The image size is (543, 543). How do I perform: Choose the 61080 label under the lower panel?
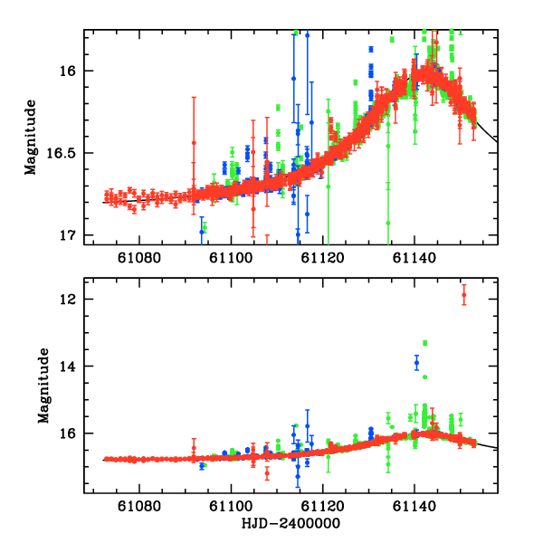(x=138, y=509)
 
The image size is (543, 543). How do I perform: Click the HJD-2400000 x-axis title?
(x=290, y=525)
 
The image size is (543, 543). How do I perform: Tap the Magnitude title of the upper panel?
(x=32, y=137)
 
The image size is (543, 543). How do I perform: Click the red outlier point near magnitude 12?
(x=464, y=295)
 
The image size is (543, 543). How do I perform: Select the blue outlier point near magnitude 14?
(x=417, y=363)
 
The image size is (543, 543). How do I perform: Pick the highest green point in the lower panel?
(x=425, y=343)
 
